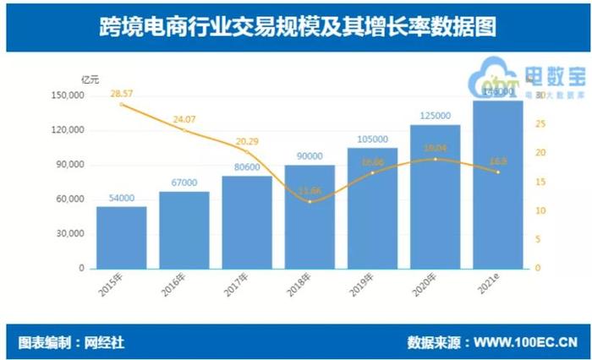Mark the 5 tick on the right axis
(x=537, y=239)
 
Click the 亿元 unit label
(x=90, y=79)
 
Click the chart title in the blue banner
(x=295, y=26)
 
